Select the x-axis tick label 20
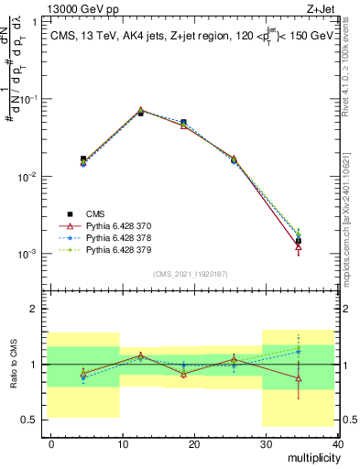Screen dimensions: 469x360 click(194, 443)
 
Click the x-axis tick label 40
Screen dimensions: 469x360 click(337, 443)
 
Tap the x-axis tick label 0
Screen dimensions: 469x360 click(51, 443)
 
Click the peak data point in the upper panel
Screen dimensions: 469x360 click(140, 111)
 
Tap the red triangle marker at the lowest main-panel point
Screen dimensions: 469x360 click(299, 246)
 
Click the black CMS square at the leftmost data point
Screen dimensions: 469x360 click(83, 159)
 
